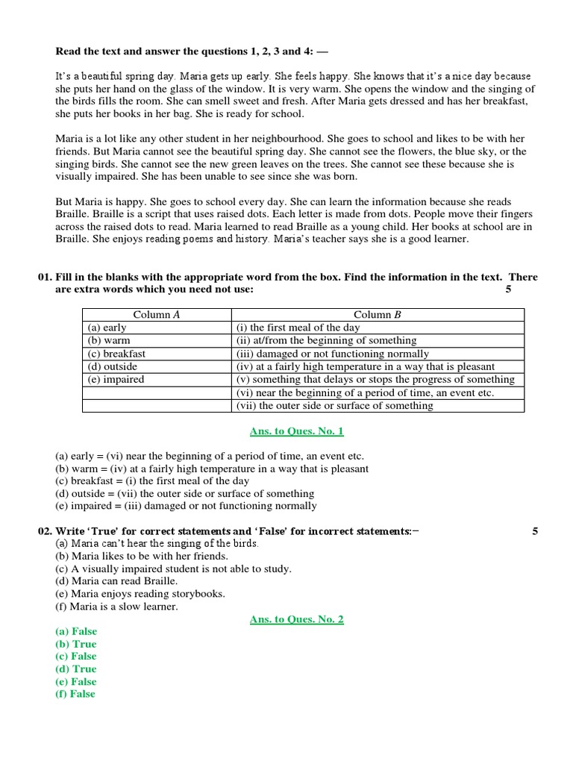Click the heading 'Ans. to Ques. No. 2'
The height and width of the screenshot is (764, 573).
[x=297, y=619]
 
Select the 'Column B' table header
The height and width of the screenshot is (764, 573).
[x=378, y=315]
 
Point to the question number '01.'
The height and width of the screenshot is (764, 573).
[x=45, y=278]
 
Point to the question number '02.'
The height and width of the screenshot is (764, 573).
[x=45, y=532]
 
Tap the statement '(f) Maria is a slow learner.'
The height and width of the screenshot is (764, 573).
[x=117, y=607]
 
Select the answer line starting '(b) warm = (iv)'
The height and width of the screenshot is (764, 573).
[x=212, y=469]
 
